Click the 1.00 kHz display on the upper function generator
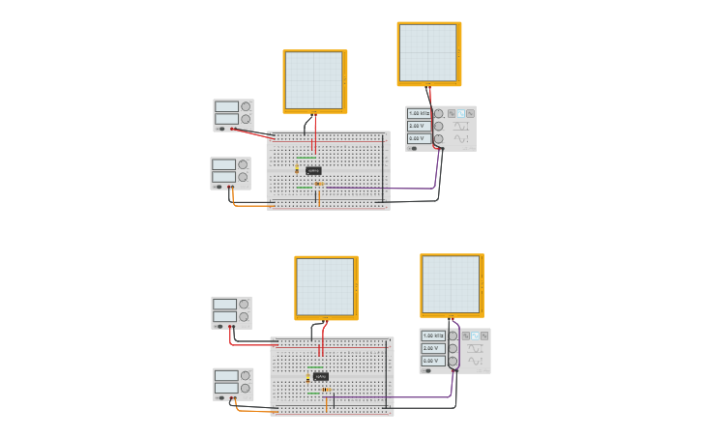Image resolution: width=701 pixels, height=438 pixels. click(x=420, y=113)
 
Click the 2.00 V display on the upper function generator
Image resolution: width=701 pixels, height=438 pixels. click(x=420, y=126)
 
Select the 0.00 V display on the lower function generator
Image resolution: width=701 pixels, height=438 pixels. click(x=433, y=361)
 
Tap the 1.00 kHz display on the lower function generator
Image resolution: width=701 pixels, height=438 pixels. click(x=433, y=336)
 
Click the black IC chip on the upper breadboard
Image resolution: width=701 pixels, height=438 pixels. click(x=313, y=170)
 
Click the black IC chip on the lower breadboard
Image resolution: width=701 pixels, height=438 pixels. click(x=320, y=376)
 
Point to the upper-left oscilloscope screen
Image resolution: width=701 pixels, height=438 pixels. click(x=314, y=81)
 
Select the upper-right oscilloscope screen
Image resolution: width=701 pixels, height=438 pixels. click(x=428, y=53)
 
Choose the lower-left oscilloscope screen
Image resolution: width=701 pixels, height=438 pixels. click(x=326, y=287)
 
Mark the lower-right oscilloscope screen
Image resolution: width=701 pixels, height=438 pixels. click(x=451, y=284)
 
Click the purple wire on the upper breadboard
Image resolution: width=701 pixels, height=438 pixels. click(x=387, y=188)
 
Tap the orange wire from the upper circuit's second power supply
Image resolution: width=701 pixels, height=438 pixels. click(x=251, y=205)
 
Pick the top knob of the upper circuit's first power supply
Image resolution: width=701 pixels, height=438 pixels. click(x=246, y=106)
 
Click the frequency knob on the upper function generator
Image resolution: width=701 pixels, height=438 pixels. click(x=438, y=113)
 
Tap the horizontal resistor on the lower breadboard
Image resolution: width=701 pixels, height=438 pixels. click(x=327, y=390)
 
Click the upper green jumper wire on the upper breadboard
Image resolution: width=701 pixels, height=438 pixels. click(x=306, y=157)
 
